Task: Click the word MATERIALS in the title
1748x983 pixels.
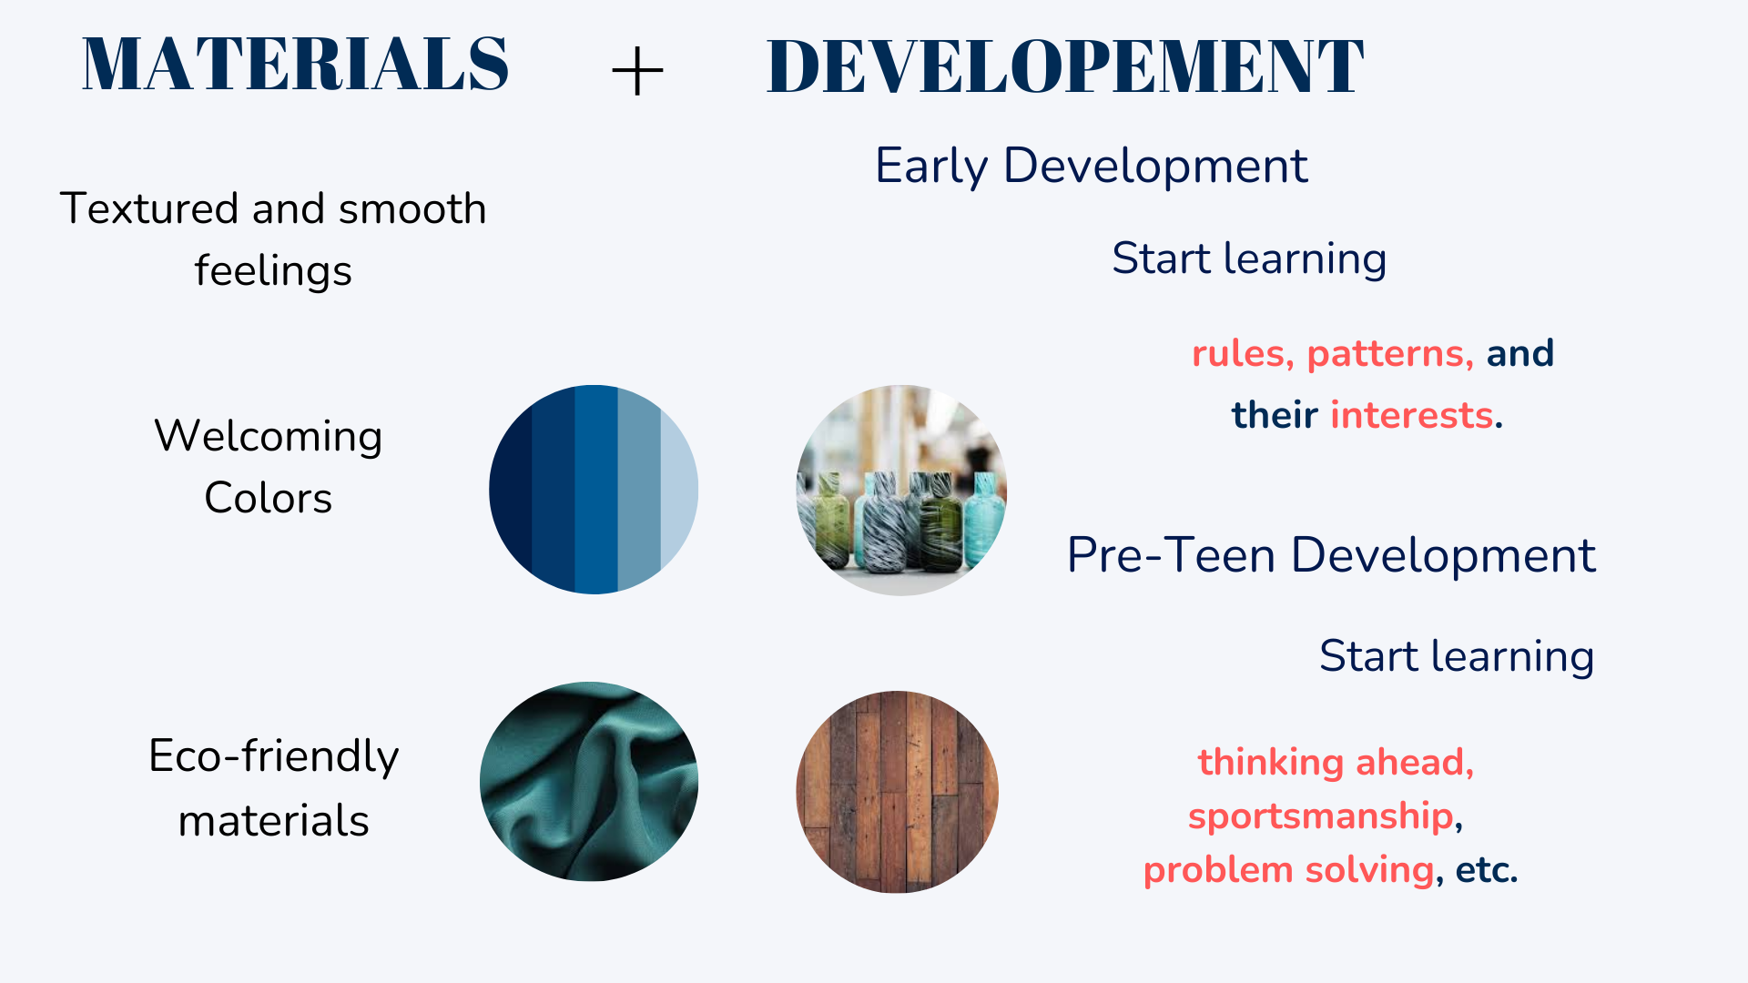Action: [295, 64]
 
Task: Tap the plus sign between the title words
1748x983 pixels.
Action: [637, 71]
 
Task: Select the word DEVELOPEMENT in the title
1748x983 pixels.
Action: [1065, 66]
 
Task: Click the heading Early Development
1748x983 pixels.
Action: [1091, 166]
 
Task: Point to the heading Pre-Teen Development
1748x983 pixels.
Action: [1331, 554]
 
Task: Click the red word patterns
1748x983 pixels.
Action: [1390, 354]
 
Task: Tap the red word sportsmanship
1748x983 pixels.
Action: [1320, 816]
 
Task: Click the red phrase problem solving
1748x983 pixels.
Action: [1288, 870]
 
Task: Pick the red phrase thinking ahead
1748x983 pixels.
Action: [1335, 762]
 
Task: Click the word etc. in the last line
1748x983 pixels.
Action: [1486, 870]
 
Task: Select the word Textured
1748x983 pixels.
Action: [150, 208]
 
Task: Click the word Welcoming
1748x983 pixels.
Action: [269, 437]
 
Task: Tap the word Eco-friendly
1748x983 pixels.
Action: [273, 757]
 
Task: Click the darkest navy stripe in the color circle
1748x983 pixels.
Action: [511, 490]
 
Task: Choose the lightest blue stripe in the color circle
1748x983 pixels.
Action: [678, 490]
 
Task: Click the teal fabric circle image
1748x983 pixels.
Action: [589, 781]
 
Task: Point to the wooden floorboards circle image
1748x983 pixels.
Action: [897, 792]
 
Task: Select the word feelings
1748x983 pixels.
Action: [273, 272]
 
